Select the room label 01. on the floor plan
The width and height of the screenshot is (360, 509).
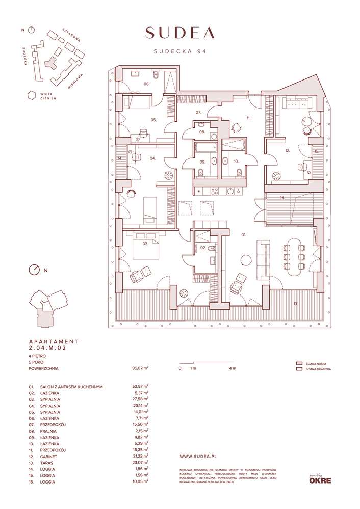(x=244, y=235)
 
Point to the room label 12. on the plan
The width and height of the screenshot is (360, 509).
(x=288, y=151)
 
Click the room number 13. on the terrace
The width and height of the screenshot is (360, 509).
(x=295, y=304)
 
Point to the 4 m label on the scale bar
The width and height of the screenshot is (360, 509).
(x=232, y=368)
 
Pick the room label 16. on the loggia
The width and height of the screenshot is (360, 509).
(x=281, y=197)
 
